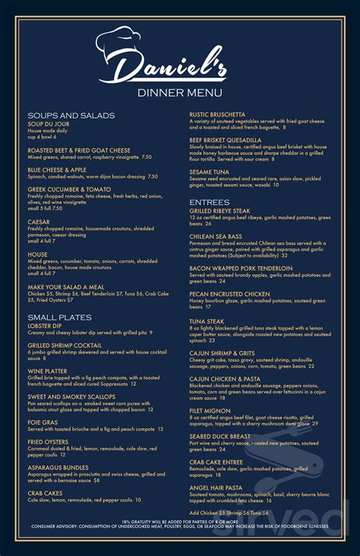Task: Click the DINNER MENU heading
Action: point(179,93)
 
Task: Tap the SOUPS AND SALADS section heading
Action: point(71,115)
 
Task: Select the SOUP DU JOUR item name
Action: point(49,124)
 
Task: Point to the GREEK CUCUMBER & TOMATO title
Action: point(69,189)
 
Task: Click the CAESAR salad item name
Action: point(39,222)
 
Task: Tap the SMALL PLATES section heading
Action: point(60,317)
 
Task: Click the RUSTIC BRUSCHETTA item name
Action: point(217,115)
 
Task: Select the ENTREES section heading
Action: point(209,201)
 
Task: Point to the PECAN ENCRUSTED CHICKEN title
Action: point(229,293)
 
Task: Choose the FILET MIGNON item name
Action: point(210,390)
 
